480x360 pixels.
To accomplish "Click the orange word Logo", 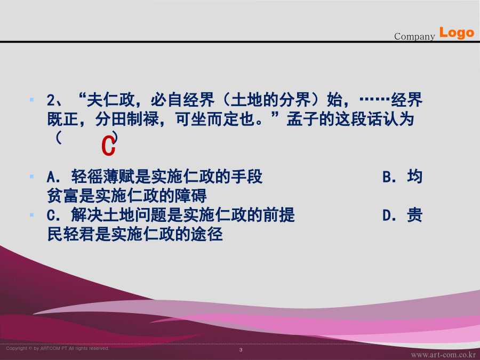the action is coord(457,33).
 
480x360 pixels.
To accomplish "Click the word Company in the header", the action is coord(414,36).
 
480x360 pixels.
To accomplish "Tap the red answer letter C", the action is coord(108,146).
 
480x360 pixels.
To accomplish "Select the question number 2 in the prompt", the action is coord(51,100).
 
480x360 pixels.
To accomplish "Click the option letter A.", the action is coord(51,177).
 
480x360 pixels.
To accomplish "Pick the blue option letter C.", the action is coord(51,215).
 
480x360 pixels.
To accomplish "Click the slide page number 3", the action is coord(241,349).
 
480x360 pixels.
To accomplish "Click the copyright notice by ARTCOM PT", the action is coord(58,348).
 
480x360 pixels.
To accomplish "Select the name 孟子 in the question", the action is coord(302,119).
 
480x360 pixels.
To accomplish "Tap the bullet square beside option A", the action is coord(31,177).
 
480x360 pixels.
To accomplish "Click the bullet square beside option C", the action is coord(31,214).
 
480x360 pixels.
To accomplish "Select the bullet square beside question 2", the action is coord(31,100).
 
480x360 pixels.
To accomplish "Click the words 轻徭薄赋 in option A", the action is coord(103,177).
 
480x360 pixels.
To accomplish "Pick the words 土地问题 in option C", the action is coord(135,215).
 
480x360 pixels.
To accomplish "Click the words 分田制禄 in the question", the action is coord(126,119).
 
